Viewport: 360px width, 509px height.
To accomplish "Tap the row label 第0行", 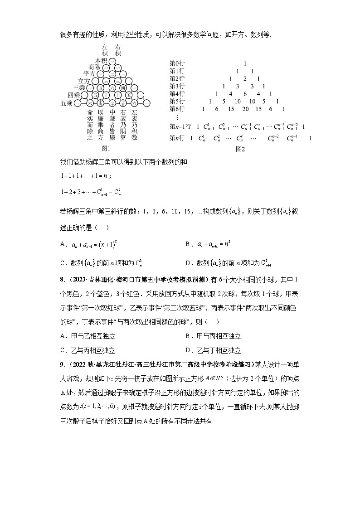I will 177,63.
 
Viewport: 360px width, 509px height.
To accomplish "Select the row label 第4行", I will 177,94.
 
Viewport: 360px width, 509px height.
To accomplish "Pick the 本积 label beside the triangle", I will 101,60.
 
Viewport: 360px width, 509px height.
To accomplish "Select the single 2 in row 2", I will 244,79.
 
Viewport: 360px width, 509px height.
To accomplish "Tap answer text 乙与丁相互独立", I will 219,350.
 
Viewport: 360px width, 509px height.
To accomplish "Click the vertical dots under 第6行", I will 176,117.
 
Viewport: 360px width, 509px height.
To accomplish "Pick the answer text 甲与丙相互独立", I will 219,336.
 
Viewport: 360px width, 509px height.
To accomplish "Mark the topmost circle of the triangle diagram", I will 112,61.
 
